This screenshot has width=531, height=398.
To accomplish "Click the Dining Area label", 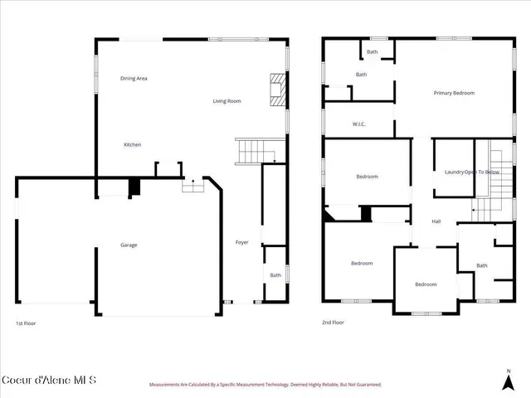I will tap(134, 79).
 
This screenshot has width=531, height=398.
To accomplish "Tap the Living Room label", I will tap(227, 101).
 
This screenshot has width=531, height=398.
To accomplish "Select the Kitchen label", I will tap(133, 145).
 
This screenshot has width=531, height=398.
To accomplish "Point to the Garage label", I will tap(129, 245).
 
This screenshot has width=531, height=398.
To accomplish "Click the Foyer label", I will tap(242, 242).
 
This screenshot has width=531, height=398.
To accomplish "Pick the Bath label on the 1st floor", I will tap(275, 275).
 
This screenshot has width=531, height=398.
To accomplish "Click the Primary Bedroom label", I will tap(454, 93).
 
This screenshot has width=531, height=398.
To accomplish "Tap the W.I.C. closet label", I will tap(359, 125).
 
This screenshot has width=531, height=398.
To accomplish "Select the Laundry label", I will tap(453, 172).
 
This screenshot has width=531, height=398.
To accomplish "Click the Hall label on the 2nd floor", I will tap(436, 221).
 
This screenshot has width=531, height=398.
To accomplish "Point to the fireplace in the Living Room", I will tap(278, 90).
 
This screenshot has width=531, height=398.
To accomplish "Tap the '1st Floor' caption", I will tap(26, 323).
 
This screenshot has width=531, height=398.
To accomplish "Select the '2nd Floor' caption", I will tap(332, 323).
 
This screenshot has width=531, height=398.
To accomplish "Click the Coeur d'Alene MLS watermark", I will tap(49, 381).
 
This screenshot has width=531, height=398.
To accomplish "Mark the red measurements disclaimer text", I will tap(265, 385).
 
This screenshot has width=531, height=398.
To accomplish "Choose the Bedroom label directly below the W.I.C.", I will tap(367, 177).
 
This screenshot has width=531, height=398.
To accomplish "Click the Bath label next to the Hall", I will tap(482, 265).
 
